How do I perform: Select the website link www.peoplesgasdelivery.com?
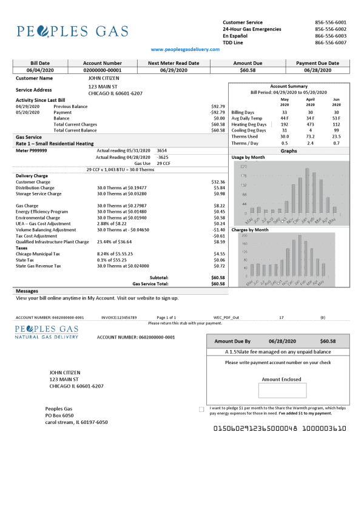click(x=185, y=50)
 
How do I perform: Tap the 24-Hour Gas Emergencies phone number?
click(x=331, y=29)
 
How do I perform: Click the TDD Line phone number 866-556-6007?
click(x=331, y=43)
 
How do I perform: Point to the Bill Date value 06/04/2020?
click(x=40, y=70)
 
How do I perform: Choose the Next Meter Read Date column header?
click(x=173, y=63)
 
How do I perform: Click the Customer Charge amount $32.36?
click(x=218, y=182)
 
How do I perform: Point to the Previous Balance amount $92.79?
click(x=218, y=107)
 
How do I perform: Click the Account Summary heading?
click(x=289, y=87)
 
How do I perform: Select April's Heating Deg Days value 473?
click(x=310, y=124)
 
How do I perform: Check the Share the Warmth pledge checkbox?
click(x=201, y=409)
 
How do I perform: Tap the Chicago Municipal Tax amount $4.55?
click(x=219, y=254)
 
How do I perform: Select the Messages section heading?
click(x=27, y=291)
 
